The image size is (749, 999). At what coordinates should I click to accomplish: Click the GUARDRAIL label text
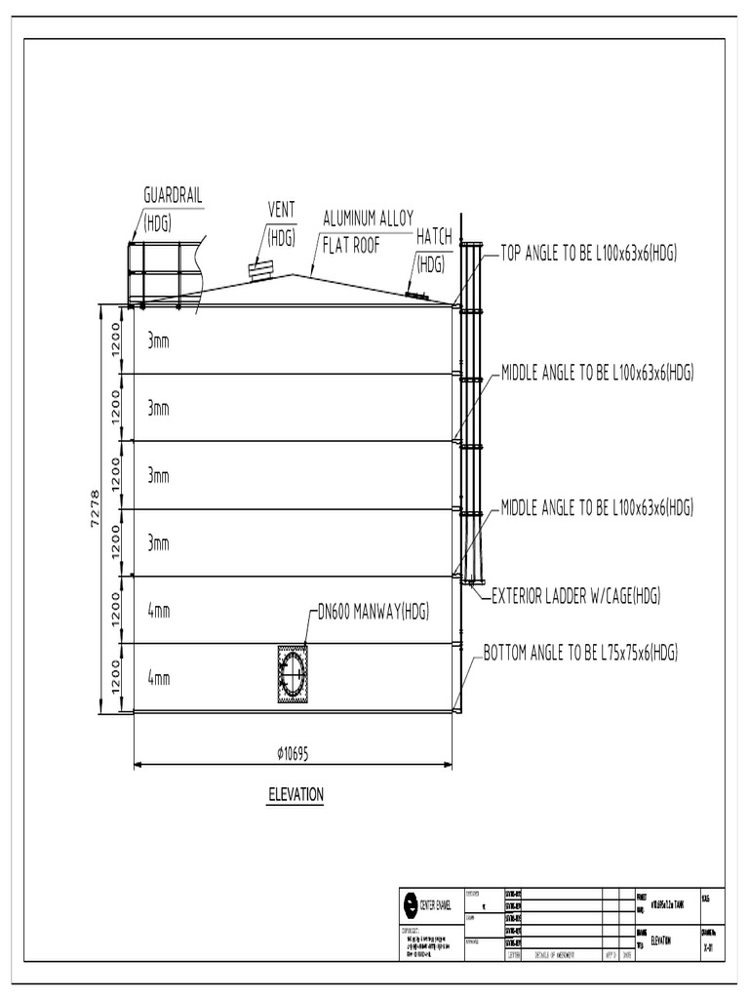pyautogui.click(x=174, y=195)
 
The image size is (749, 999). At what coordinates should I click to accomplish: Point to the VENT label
pyautogui.click(x=281, y=211)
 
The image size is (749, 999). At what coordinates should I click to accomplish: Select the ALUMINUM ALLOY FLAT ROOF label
pyautogui.click(x=369, y=218)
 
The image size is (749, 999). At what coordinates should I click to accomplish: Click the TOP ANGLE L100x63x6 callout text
pyautogui.click(x=589, y=254)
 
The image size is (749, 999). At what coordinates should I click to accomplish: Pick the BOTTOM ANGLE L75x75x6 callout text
pyautogui.click(x=580, y=653)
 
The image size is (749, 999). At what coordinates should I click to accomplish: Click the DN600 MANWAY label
pyautogui.click(x=374, y=613)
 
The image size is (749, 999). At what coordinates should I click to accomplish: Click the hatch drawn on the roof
pyautogui.click(x=417, y=294)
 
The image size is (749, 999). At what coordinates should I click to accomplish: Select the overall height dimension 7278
pyautogui.click(x=95, y=508)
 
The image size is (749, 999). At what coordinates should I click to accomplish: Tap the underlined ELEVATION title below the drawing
pyautogui.click(x=296, y=795)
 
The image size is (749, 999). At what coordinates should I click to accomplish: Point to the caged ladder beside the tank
pyautogui.click(x=472, y=410)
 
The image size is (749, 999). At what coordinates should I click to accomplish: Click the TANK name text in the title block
pyautogui.click(x=665, y=902)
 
